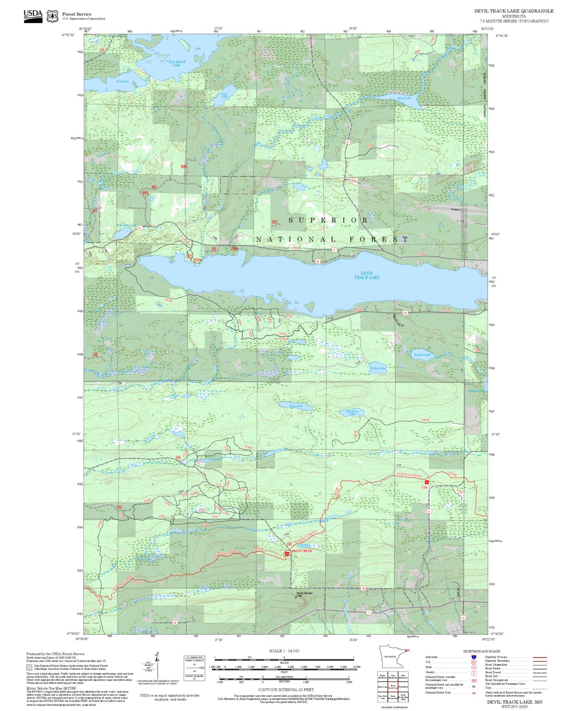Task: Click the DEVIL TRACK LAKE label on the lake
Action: (x=367, y=275)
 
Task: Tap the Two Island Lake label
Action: (x=177, y=63)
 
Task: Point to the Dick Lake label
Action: (x=122, y=82)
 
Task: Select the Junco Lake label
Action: (x=404, y=98)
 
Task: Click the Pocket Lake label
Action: (x=378, y=368)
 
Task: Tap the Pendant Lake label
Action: (x=422, y=355)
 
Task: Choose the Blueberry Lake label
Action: (x=352, y=413)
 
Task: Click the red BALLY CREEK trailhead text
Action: (x=302, y=551)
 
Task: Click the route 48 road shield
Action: (x=363, y=588)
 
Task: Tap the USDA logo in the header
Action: (x=33, y=16)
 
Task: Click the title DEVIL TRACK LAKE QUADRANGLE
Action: (x=514, y=11)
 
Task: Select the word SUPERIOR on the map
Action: (x=328, y=220)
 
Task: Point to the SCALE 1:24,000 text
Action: (x=284, y=651)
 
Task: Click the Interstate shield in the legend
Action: (x=474, y=657)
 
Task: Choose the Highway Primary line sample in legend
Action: (x=540, y=657)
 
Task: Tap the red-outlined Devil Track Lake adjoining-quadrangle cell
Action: (x=393, y=687)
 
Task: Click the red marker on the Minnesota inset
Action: (x=408, y=650)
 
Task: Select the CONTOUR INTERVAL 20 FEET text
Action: (x=286, y=690)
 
